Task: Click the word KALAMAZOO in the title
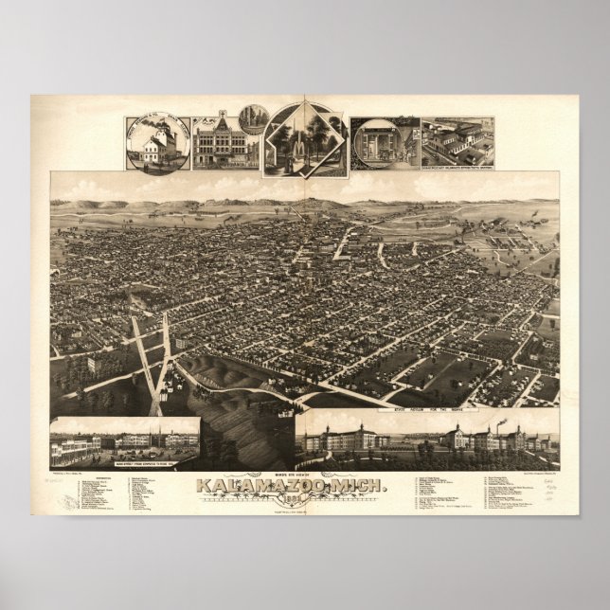275,486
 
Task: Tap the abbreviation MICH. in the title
363,486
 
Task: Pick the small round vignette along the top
253,118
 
